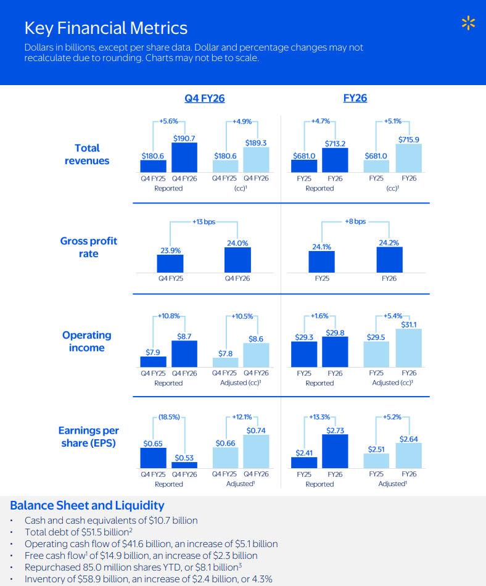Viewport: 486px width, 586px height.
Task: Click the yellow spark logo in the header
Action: click(x=469, y=24)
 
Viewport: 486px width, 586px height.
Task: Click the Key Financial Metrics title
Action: click(x=105, y=28)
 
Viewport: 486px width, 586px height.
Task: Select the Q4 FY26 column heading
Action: click(x=204, y=98)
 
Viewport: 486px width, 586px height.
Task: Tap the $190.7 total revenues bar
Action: click(x=184, y=157)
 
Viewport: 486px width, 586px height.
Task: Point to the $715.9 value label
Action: click(x=408, y=139)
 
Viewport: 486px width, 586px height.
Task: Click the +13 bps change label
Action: click(x=204, y=221)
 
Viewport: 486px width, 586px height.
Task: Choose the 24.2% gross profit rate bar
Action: click(x=389, y=260)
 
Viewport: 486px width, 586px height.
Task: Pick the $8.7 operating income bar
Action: click(x=184, y=353)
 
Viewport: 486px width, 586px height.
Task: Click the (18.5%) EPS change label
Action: click(x=168, y=417)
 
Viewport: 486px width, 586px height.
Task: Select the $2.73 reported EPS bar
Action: click(x=335, y=452)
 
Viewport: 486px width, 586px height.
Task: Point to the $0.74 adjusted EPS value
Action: click(x=256, y=430)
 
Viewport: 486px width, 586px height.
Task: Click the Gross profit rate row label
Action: click(x=89, y=247)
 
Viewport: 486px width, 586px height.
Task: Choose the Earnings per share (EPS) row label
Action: click(x=89, y=437)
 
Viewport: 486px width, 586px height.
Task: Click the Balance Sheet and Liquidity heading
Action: click(x=87, y=506)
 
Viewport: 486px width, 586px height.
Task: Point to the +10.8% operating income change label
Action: click(x=168, y=316)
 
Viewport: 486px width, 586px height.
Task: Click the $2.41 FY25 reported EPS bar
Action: click(x=304, y=463)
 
